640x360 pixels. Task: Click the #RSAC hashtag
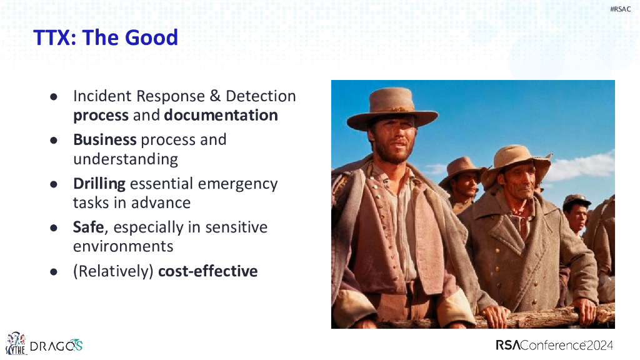pyautogui.click(x=620, y=9)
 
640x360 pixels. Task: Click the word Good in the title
pyautogui.click(x=151, y=37)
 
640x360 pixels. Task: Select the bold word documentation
pyautogui.click(x=221, y=115)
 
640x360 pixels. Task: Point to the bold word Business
pyautogui.click(x=105, y=139)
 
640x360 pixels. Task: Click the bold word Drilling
pyautogui.click(x=99, y=184)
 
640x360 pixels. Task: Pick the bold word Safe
pyautogui.click(x=89, y=227)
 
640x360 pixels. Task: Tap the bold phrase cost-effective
pyautogui.click(x=207, y=271)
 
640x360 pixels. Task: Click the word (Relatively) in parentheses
pyautogui.click(x=113, y=271)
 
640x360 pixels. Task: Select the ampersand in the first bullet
pyautogui.click(x=215, y=96)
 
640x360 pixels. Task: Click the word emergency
pyautogui.click(x=237, y=184)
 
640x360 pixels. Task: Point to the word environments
pyautogui.click(x=123, y=246)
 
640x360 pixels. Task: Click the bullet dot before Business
pyautogui.click(x=54, y=141)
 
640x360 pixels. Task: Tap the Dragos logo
pyautogui.click(x=56, y=346)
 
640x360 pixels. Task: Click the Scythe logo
pyautogui.click(x=16, y=343)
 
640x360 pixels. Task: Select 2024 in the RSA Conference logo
pyautogui.click(x=600, y=345)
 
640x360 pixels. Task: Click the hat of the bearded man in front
pyautogui.click(x=392, y=109)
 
